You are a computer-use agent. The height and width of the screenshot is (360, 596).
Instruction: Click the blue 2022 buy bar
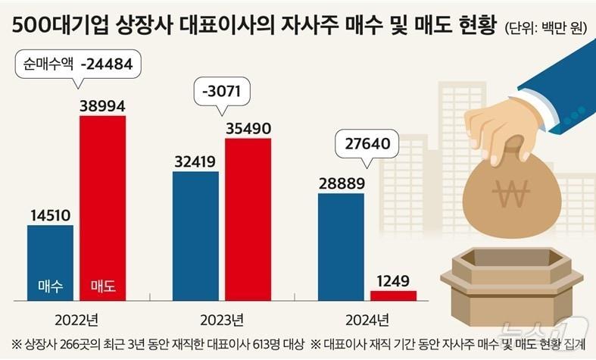[50, 261]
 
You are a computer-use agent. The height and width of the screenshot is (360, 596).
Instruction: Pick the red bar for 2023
[248, 220]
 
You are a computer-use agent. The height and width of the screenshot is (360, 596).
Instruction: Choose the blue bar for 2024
[341, 246]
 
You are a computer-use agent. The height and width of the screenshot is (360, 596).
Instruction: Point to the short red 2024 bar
[393, 295]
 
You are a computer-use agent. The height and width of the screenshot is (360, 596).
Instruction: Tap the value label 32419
[195, 161]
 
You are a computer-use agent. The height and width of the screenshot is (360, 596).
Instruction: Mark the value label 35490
[248, 129]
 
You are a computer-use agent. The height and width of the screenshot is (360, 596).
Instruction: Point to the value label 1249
[392, 281]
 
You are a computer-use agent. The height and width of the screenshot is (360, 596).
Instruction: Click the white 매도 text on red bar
[102, 286]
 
